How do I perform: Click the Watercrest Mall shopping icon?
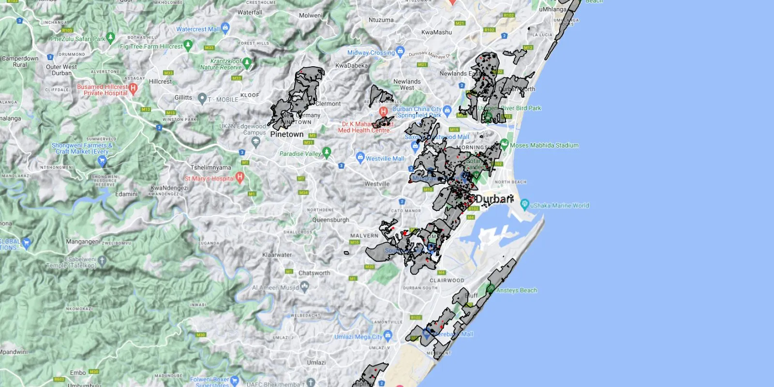[x=225, y=28]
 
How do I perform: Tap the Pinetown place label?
[x=287, y=134]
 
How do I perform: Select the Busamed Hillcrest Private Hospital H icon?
[x=134, y=88]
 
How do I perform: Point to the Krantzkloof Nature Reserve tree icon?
[x=247, y=62]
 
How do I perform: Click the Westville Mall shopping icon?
[x=360, y=157]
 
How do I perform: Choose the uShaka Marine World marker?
[x=525, y=204]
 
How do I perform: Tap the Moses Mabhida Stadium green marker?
[x=504, y=144]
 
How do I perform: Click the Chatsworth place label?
[x=314, y=273]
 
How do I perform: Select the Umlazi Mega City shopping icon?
[x=388, y=335]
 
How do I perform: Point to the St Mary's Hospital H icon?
[x=240, y=177]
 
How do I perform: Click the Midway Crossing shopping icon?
[x=400, y=51]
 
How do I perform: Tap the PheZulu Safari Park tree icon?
[x=111, y=37]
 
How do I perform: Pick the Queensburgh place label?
[x=330, y=220]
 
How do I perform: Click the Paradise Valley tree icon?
[x=327, y=152]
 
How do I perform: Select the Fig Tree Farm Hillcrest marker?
[x=188, y=45]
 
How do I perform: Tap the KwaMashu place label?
[x=436, y=32]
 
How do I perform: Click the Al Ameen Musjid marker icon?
[x=304, y=287]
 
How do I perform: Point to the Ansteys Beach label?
[x=517, y=290]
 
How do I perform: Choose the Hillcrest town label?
[x=160, y=81]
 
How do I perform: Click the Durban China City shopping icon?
[x=447, y=110]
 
